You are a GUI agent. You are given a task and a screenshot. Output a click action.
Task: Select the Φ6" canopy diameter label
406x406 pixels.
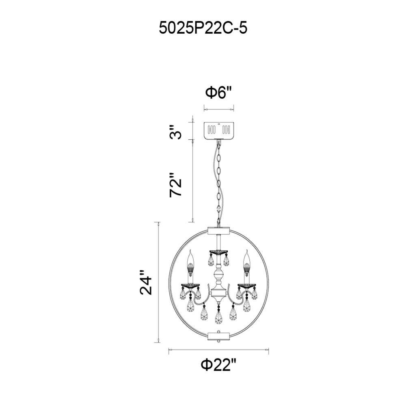point(218,93)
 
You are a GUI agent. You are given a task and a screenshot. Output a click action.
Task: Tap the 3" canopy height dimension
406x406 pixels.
point(176,132)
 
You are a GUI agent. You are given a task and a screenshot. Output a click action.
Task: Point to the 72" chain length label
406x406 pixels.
point(176,185)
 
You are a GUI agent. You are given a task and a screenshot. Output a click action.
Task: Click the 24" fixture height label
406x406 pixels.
point(145,282)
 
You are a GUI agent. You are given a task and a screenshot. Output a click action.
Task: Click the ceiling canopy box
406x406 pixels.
point(219,130)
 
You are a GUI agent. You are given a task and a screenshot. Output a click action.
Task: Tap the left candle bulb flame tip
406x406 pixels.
point(191,251)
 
